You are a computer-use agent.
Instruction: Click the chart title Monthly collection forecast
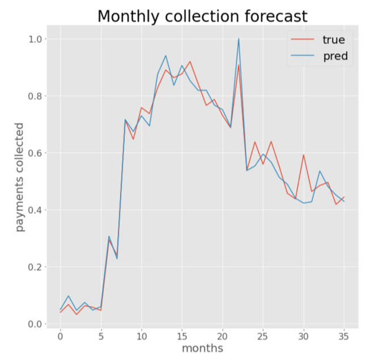point(202,16)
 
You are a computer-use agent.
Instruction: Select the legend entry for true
point(334,40)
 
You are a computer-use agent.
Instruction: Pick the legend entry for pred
point(334,57)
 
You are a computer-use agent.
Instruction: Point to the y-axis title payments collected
point(20,177)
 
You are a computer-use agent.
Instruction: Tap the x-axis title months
point(202,348)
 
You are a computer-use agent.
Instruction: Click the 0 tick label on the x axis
point(60,335)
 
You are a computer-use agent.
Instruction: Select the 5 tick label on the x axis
point(101,335)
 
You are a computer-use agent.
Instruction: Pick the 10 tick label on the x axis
point(141,335)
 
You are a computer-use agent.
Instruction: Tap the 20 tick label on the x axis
point(222,335)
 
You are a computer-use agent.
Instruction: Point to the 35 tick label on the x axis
point(344,335)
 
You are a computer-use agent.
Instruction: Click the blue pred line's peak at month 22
point(239,38)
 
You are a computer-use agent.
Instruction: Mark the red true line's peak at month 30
point(304,155)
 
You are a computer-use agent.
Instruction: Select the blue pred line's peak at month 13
point(165,55)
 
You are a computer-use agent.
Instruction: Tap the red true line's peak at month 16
point(190,62)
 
